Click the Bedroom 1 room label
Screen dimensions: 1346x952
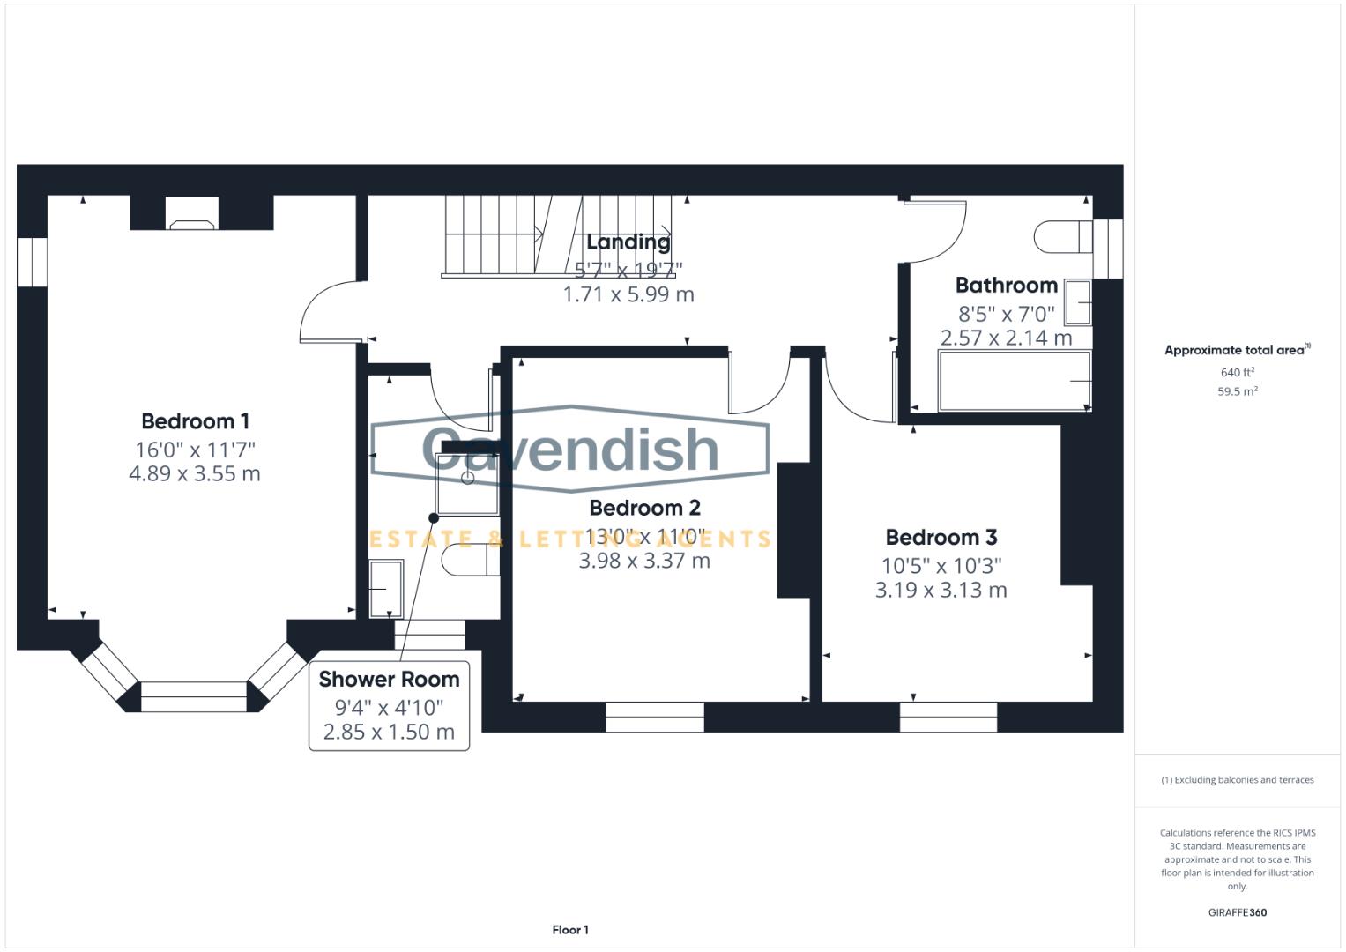[x=196, y=421]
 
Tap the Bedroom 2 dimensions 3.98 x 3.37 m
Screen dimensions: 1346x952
[x=644, y=561]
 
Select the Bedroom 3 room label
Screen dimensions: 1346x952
[x=941, y=538]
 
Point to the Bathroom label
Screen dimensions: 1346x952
[x=1007, y=285]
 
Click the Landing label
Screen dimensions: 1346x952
[x=628, y=242]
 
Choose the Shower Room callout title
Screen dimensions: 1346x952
[x=389, y=679]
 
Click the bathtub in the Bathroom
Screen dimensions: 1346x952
[x=1015, y=381]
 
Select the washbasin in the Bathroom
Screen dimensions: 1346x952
[x=1078, y=302]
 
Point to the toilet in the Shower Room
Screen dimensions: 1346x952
[x=471, y=560]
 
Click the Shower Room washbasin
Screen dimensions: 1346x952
[x=386, y=589]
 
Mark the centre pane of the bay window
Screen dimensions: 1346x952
[x=194, y=696]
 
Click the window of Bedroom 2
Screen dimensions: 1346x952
[x=654, y=717]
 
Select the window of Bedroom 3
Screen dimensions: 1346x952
[x=948, y=717]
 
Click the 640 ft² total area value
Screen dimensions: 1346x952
[x=1238, y=372]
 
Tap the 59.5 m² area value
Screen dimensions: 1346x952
[x=1238, y=391]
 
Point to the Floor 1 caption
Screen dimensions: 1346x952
[x=570, y=930]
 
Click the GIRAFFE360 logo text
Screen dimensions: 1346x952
[x=1238, y=912]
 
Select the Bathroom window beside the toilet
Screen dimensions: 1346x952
[x=1108, y=249]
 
